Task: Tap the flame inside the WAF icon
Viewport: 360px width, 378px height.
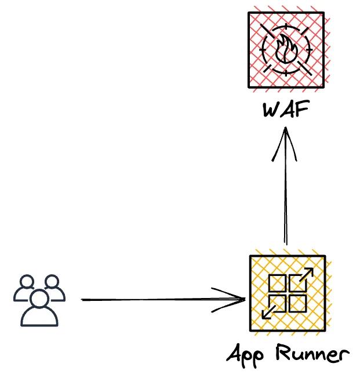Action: click(286, 49)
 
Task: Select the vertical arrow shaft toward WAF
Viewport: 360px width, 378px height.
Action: click(285, 197)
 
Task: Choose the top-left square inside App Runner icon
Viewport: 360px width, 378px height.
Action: click(277, 283)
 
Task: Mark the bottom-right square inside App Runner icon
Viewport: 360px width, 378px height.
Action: click(297, 303)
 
